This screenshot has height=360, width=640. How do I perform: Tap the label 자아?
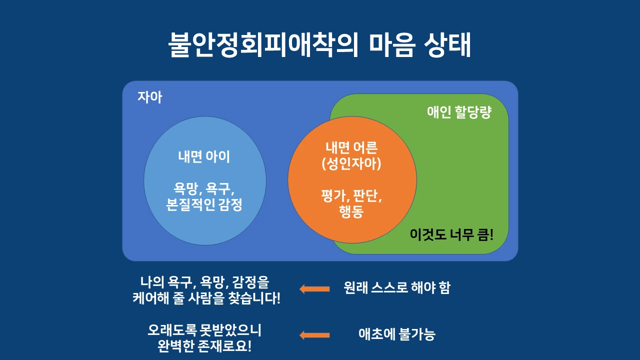point(150,97)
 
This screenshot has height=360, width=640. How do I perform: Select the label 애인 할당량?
point(459,112)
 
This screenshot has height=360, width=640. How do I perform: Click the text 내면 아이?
point(204,156)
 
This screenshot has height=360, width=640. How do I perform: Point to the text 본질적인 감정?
point(204,204)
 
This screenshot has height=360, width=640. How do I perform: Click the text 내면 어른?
point(351,147)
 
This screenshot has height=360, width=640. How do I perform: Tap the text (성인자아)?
point(351,163)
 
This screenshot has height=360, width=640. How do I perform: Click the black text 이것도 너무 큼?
point(451,234)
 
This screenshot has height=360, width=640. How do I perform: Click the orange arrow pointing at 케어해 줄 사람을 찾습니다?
point(314,288)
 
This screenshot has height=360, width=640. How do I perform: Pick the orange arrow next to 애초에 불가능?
point(314,335)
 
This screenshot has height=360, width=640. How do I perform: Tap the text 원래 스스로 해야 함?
point(397,288)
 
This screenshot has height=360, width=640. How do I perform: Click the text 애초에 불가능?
point(397,334)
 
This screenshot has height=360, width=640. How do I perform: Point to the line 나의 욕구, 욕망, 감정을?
point(204,282)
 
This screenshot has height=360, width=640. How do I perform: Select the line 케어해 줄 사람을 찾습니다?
point(206,299)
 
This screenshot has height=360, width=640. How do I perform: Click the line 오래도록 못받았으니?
point(204,330)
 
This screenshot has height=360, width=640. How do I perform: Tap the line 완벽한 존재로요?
point(204,346)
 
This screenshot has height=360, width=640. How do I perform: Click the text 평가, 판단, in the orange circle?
point(351,195)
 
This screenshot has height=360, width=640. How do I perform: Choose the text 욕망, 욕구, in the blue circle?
point(204,188)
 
